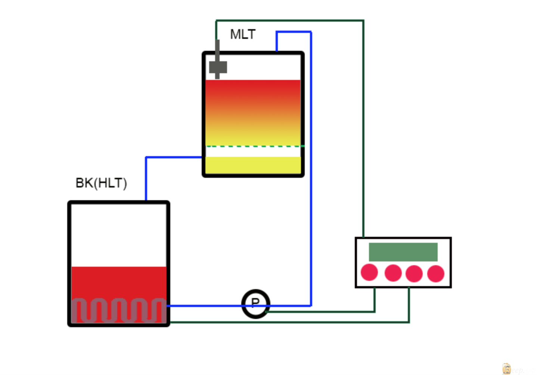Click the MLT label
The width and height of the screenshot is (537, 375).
[x=243, y=34]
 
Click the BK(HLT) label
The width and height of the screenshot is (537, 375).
[x=101, y=183]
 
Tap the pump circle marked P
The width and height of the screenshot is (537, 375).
[x=255, y=303]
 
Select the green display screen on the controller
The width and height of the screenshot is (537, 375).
[x=403, y=252]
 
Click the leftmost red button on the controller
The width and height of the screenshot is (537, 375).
[x=369, y=272]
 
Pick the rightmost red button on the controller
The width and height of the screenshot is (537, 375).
[x=435, y=273]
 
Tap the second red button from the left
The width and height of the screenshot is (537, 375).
[x=393, y=273]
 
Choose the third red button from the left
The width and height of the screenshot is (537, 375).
[x=414, y=273]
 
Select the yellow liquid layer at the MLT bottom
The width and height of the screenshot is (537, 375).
[x=253, y=165]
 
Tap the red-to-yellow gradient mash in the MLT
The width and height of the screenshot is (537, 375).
[x=253, y=112]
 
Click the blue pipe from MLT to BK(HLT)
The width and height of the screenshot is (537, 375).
[x=146, y=176]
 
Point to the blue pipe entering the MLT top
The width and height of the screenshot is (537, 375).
[x=294, y=32]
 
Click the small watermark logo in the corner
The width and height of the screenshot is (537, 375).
[x=506, y=369]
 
